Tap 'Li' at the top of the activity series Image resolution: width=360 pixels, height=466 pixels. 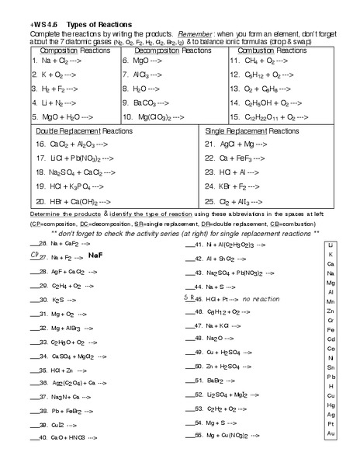tap(331, 244)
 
